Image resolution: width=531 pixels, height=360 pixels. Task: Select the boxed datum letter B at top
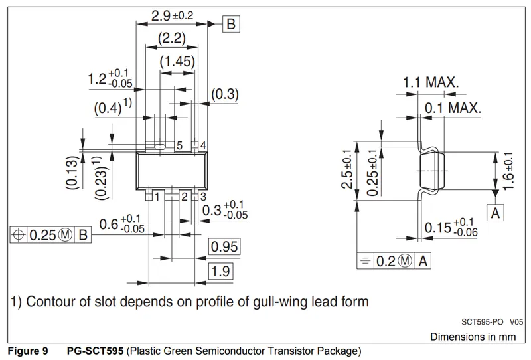click(230, 25)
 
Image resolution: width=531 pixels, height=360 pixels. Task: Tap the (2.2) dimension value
click(171, 39)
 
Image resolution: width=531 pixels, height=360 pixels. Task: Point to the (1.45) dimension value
click(177, 62)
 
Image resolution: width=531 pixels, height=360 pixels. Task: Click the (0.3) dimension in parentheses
click(224, 94)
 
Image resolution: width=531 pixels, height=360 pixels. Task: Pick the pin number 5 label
click(179, 145)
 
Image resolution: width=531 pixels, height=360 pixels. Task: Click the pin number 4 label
click(202, 145)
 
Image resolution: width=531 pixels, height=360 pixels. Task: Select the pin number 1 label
click(157, 197)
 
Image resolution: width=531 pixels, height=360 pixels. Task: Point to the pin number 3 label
click(202, 197)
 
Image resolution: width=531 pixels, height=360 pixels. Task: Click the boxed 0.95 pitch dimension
click(224, 247)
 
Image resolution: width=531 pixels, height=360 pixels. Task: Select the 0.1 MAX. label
click(453, 108)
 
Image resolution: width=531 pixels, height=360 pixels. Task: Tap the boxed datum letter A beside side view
click(495, 213)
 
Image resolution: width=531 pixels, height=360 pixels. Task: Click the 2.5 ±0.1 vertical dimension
click(346, 169)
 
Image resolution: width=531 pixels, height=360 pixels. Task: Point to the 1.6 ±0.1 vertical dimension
click(509, 171)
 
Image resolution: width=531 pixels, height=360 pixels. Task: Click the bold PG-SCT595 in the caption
click(96, 350)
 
